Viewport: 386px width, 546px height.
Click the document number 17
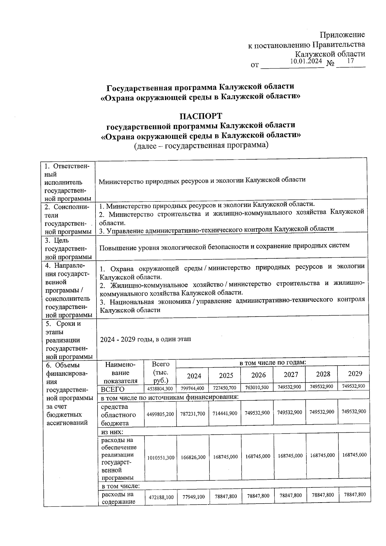[x=350, y=61]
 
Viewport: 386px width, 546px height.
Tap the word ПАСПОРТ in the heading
[x=201, y=116]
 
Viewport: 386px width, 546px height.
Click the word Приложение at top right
[x=342, y=35]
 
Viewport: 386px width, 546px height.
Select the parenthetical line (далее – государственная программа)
[x=201, y=145]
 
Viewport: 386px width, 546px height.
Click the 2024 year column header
[x=194, y=376]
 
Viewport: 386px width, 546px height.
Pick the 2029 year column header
[x=355, y=374]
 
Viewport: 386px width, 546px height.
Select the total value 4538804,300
[x=160, y=389]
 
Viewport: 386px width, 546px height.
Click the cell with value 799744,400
[x=192, y=388]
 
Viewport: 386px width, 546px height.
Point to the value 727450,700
[x=225, y=388]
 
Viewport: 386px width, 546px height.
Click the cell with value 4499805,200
[x=160, y=414]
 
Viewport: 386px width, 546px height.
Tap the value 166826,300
[x=192, y=457]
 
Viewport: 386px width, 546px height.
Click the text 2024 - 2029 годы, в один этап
[x=146, y=339]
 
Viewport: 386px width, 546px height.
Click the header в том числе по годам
[x=273, y=363]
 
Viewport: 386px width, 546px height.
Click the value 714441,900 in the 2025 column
[x=225, y=413]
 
